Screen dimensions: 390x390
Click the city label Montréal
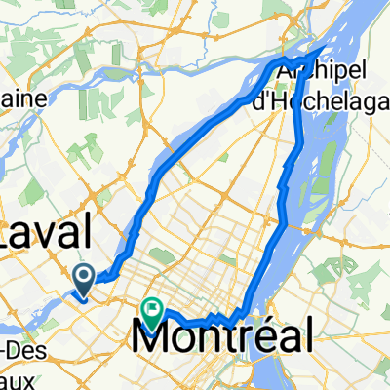pos(223,338)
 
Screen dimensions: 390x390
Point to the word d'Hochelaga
pos(332,93)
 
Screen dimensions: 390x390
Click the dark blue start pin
pos(85,281)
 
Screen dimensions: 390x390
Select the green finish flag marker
pos(153,310)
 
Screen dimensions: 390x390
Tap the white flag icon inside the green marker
pos(153,308)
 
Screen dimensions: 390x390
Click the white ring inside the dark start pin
pos(85,279)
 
